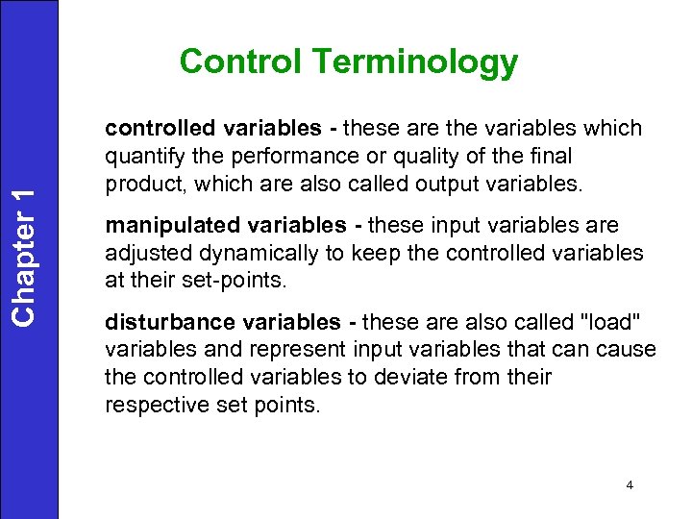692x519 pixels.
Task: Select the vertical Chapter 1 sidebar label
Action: [x=28, y=255]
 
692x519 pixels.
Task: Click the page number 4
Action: [x=630, y=485]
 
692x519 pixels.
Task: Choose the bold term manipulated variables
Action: [x=224, y=225]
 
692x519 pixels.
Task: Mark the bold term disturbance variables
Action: [x=222, y=322]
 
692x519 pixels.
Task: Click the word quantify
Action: [x=137, y=157]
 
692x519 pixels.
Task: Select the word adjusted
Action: [x=140, y=253]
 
